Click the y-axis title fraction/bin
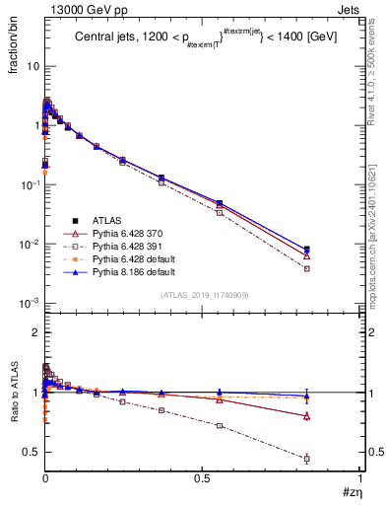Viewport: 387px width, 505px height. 15,49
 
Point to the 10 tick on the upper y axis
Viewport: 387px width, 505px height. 32,66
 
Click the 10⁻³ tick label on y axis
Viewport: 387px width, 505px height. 29,303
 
